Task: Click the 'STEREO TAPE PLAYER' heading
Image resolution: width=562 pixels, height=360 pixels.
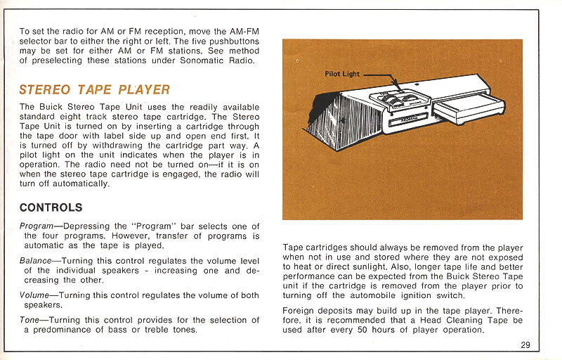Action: coord(94,89)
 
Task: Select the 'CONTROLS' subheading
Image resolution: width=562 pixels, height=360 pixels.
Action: coord(51,207)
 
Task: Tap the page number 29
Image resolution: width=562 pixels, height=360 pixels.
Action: coord(526,345)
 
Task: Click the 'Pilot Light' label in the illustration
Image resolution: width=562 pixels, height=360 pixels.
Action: coord(342,74)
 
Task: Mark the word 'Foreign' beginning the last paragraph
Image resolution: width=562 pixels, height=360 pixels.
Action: coord(299,310)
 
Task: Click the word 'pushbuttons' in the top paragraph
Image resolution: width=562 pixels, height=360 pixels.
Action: coord(235,41)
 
